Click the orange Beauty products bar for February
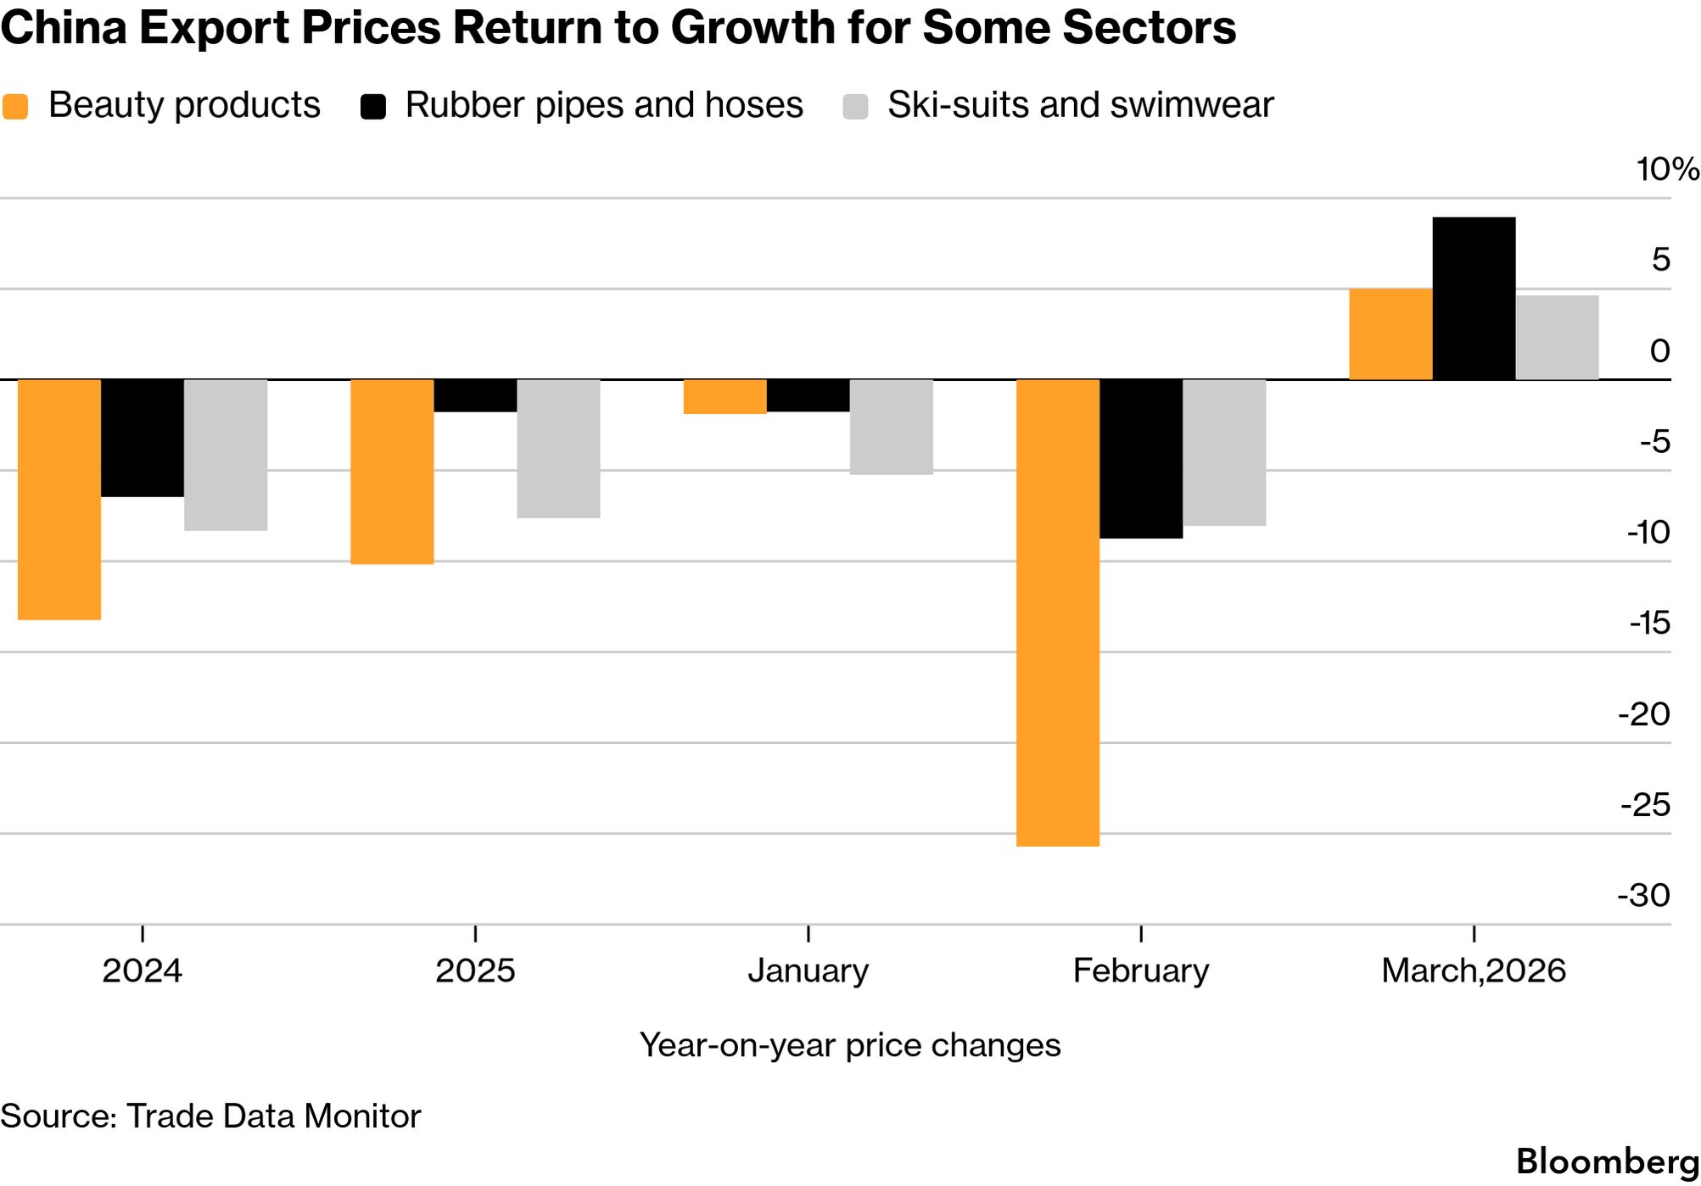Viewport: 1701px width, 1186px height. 1057,613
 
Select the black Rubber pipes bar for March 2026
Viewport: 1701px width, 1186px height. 1474,299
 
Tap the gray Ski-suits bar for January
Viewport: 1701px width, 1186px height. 891,427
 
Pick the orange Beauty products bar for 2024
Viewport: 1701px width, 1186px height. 59,500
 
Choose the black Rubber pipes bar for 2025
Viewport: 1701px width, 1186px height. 475,396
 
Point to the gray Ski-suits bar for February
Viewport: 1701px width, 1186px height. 1224,452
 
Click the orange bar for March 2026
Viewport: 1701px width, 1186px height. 1390,334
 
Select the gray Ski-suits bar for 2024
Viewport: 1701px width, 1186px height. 226,455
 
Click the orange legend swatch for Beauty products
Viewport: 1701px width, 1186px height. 15,107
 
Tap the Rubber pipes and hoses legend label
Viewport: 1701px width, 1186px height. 603,105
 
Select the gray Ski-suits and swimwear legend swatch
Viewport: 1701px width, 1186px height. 855,107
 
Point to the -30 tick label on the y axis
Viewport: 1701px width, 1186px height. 1643,895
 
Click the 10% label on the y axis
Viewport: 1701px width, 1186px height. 1666,170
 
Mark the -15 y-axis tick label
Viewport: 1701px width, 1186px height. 1648,624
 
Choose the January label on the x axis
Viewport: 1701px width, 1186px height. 808,971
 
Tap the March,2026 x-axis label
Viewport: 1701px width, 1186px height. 1473,971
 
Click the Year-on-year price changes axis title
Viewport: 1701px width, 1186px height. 849,1045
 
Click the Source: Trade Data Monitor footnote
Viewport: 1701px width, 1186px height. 210,1116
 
